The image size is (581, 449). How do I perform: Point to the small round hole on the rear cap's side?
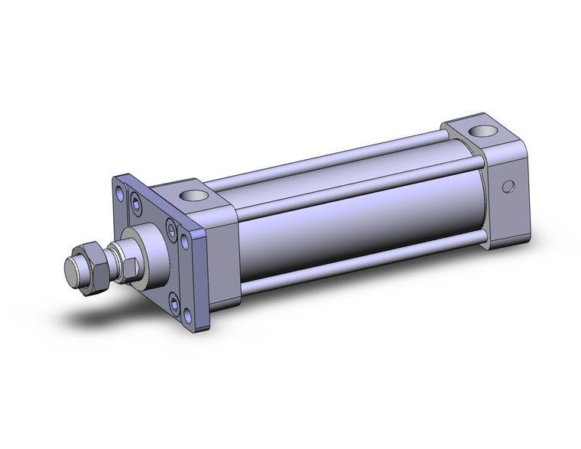tap(505, 186)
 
